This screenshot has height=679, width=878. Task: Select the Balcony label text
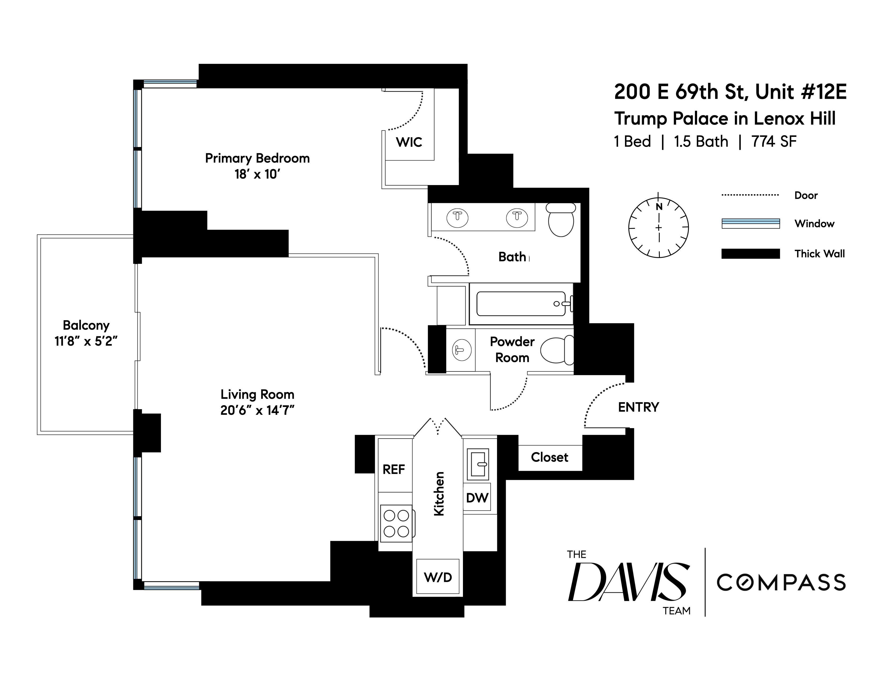[x=86, y=325]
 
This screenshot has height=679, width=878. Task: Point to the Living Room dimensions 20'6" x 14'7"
[x=257, y=410]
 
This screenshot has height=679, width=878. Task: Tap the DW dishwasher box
[x=477, y=498]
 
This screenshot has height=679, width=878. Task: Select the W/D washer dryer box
[x=438, y=577]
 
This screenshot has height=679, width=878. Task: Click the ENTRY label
[x=638, y=407]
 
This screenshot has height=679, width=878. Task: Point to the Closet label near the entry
[x=550, y=457]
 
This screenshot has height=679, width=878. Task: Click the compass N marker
[x=659, y=207]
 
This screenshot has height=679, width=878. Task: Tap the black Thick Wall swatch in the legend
[x=751, y=253]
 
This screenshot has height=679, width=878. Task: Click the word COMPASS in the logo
[x=781, y=582]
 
